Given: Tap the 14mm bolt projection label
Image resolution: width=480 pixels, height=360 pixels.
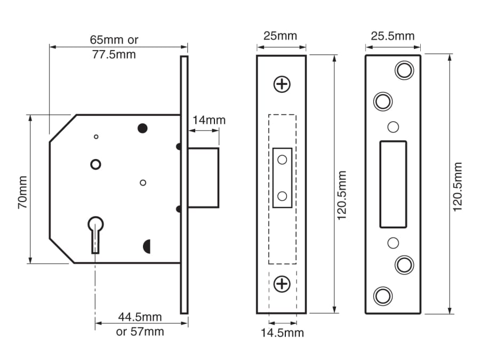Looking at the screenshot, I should pyautogui.click(x=209, y=120).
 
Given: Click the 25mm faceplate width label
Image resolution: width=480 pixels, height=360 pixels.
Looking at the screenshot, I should pyautogui.click(x=281, y=36).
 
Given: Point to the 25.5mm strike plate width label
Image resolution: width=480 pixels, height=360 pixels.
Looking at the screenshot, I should pyautogui.click(x=393, y=36).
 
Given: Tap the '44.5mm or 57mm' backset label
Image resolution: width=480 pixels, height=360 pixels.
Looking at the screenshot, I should pyautogui.click(x=140, y=324).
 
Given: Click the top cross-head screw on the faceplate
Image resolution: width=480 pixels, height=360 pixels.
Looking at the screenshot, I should pyautogui.click(x=282, y=84).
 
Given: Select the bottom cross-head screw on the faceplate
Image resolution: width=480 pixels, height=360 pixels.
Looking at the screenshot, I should pyautogui.click(x=282, y=284).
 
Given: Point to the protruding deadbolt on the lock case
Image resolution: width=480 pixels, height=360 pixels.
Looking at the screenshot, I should pyautogui.click(x=203, y=178).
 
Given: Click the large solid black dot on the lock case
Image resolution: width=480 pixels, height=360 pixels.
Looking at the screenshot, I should pyautogui.click(x=142, y=127).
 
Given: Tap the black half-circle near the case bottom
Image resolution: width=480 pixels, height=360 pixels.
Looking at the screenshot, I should pyautogui.click(x=147, y=246).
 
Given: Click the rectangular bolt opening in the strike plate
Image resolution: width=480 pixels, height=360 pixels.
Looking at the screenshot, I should pyautogui.click(x=393, y=184).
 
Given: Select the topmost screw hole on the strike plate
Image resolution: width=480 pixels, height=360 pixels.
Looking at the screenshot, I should pyautogui.click(x=404, y=70).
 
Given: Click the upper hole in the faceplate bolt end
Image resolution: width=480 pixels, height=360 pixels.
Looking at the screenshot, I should pyautogui.click(x=282, y=159).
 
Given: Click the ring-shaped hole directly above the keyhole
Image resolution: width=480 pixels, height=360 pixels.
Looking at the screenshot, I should pyautogui.click(x=95, y=164).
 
